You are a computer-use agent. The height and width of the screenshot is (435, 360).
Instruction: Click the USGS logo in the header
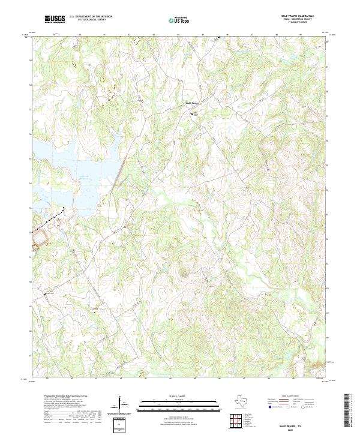56,20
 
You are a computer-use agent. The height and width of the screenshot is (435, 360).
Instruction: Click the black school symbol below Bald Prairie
193,113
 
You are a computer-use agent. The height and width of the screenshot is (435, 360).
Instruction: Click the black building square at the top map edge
218,37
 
